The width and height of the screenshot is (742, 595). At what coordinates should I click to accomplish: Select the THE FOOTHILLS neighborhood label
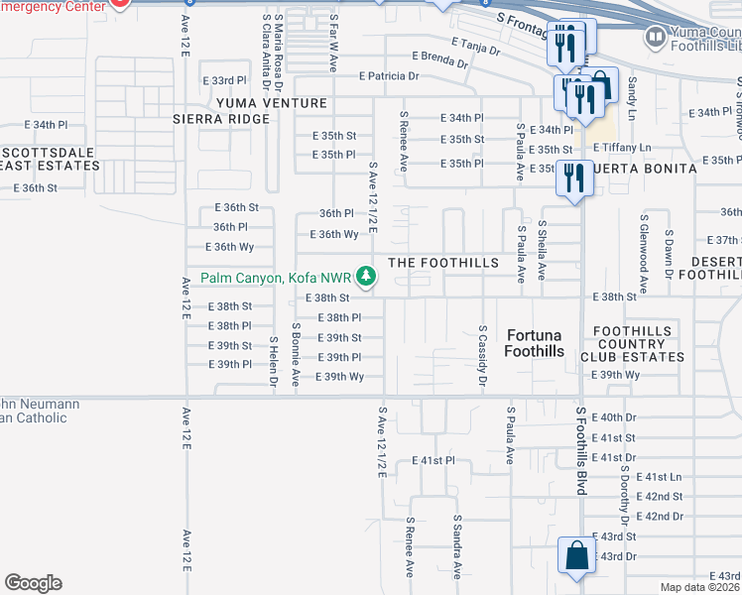tap(442, 263)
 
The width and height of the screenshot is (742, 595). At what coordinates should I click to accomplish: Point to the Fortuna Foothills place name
tap(534, 343)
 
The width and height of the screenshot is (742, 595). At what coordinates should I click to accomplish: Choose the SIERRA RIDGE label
tap(220, 119)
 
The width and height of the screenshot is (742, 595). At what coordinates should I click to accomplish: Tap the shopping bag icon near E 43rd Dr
tap(576, 556)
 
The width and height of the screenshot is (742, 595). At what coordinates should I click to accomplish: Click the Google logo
tap(33, 582)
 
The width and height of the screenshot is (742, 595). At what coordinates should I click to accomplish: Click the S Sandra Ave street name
tap(457, 545)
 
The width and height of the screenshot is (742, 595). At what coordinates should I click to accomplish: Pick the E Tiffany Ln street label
tap(623, 148)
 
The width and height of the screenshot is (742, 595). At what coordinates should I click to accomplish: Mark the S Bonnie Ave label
tap(296, 353)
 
